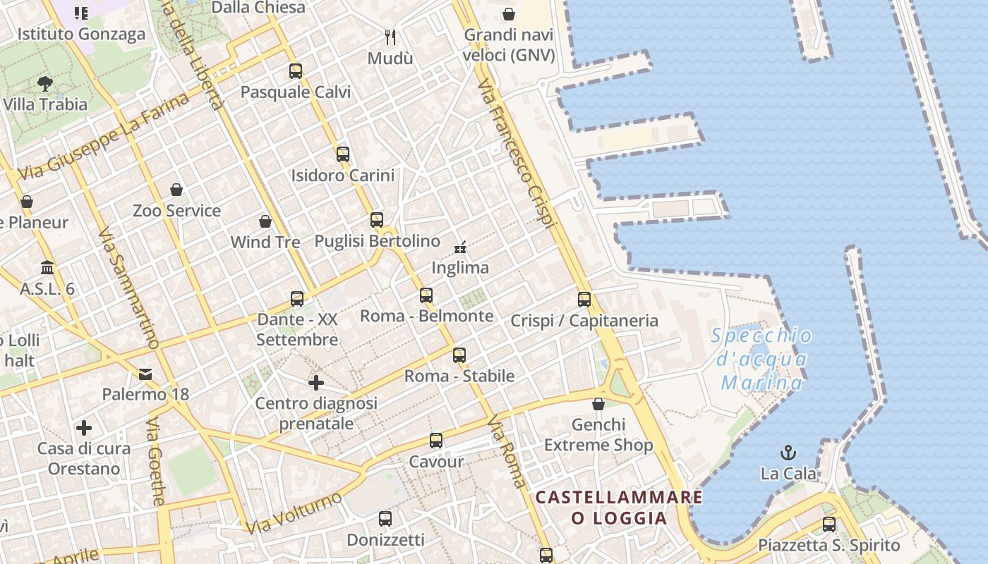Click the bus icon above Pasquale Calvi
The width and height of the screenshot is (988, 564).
coord(296,70)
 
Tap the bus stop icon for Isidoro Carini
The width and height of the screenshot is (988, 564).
coord(343,154)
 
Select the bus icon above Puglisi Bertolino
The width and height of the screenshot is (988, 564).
coord(377,219)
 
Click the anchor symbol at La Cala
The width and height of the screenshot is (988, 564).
coord(788,452)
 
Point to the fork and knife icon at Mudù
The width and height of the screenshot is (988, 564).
coord(390,37)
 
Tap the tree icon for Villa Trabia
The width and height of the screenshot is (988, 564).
coord(45,84)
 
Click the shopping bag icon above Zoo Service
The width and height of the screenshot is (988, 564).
coord(176,190)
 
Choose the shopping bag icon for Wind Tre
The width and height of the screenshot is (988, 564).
coord(265,221)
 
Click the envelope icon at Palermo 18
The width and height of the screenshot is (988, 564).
coord(145,373)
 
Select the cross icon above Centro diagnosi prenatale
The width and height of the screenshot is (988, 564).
coord(316,383)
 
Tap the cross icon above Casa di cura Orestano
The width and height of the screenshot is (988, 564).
coord(84,428)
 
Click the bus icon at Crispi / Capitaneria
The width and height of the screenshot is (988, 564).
coord(584,299)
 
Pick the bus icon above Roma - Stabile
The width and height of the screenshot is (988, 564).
coord(459,355)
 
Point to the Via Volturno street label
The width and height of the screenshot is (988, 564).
coord(294,513)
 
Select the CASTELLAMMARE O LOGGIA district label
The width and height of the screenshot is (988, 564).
coord(619,508)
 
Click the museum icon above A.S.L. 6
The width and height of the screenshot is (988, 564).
coord(47,268)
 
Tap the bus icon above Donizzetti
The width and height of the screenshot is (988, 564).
coord(385,519)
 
